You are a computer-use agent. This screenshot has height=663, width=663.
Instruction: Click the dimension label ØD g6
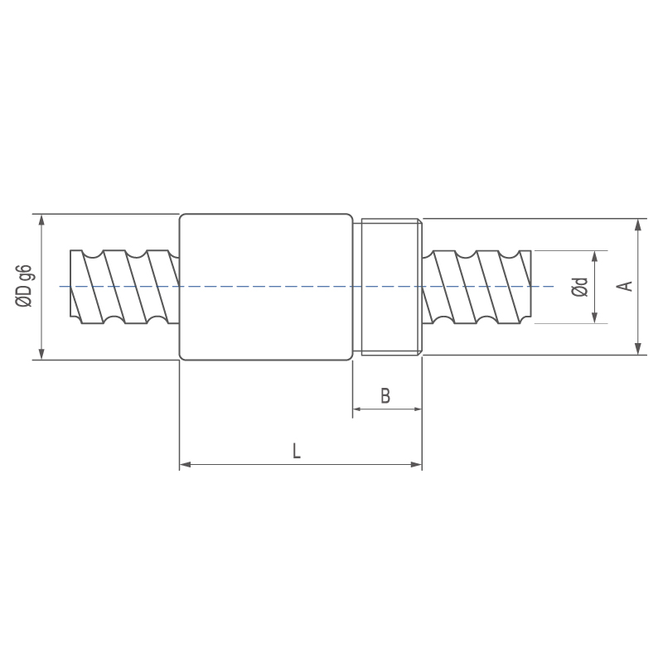click(24, 286)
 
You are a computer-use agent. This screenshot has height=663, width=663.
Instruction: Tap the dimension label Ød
click(579, 287)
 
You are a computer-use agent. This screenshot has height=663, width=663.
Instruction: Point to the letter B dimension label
click(385, 396)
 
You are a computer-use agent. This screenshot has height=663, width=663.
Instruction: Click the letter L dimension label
click(297, 451)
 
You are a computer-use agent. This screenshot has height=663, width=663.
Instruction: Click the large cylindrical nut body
click(266, 287)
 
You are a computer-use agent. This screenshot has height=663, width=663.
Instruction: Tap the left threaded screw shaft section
click(125, 287)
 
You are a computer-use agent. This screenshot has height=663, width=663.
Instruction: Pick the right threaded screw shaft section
click(477, 287)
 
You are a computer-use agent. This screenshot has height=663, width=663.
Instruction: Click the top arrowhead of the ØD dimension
click(41, 220)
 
